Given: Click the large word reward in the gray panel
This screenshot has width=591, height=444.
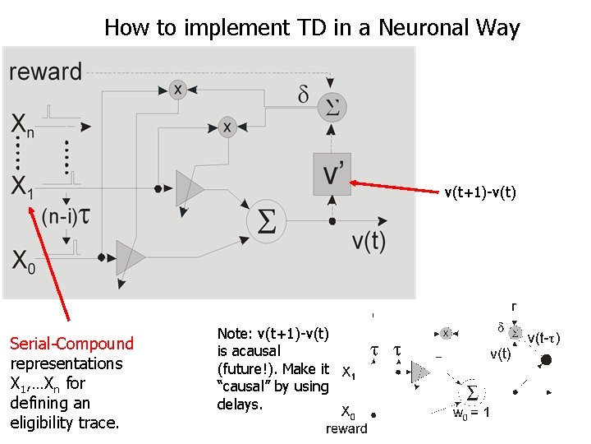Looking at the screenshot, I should coord(46,71).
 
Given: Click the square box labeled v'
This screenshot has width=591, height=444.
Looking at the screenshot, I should coord(332,173).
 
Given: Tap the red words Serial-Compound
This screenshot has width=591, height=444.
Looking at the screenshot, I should coord(71,344).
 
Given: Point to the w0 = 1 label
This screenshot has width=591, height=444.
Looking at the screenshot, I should coord(472,413).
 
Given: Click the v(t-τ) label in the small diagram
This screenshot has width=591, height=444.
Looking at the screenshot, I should coord(544,338).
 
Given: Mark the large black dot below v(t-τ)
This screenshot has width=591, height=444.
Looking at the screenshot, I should coord(545,360).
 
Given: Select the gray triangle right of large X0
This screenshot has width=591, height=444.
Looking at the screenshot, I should coord(130,257).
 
